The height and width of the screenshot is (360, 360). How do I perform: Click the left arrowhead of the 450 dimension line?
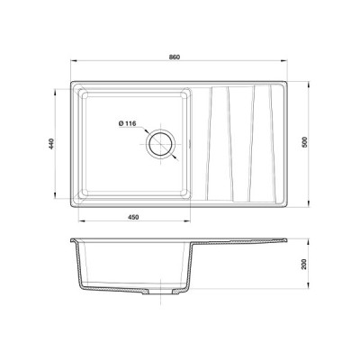77,224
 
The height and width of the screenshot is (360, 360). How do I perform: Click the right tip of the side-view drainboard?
285,240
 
